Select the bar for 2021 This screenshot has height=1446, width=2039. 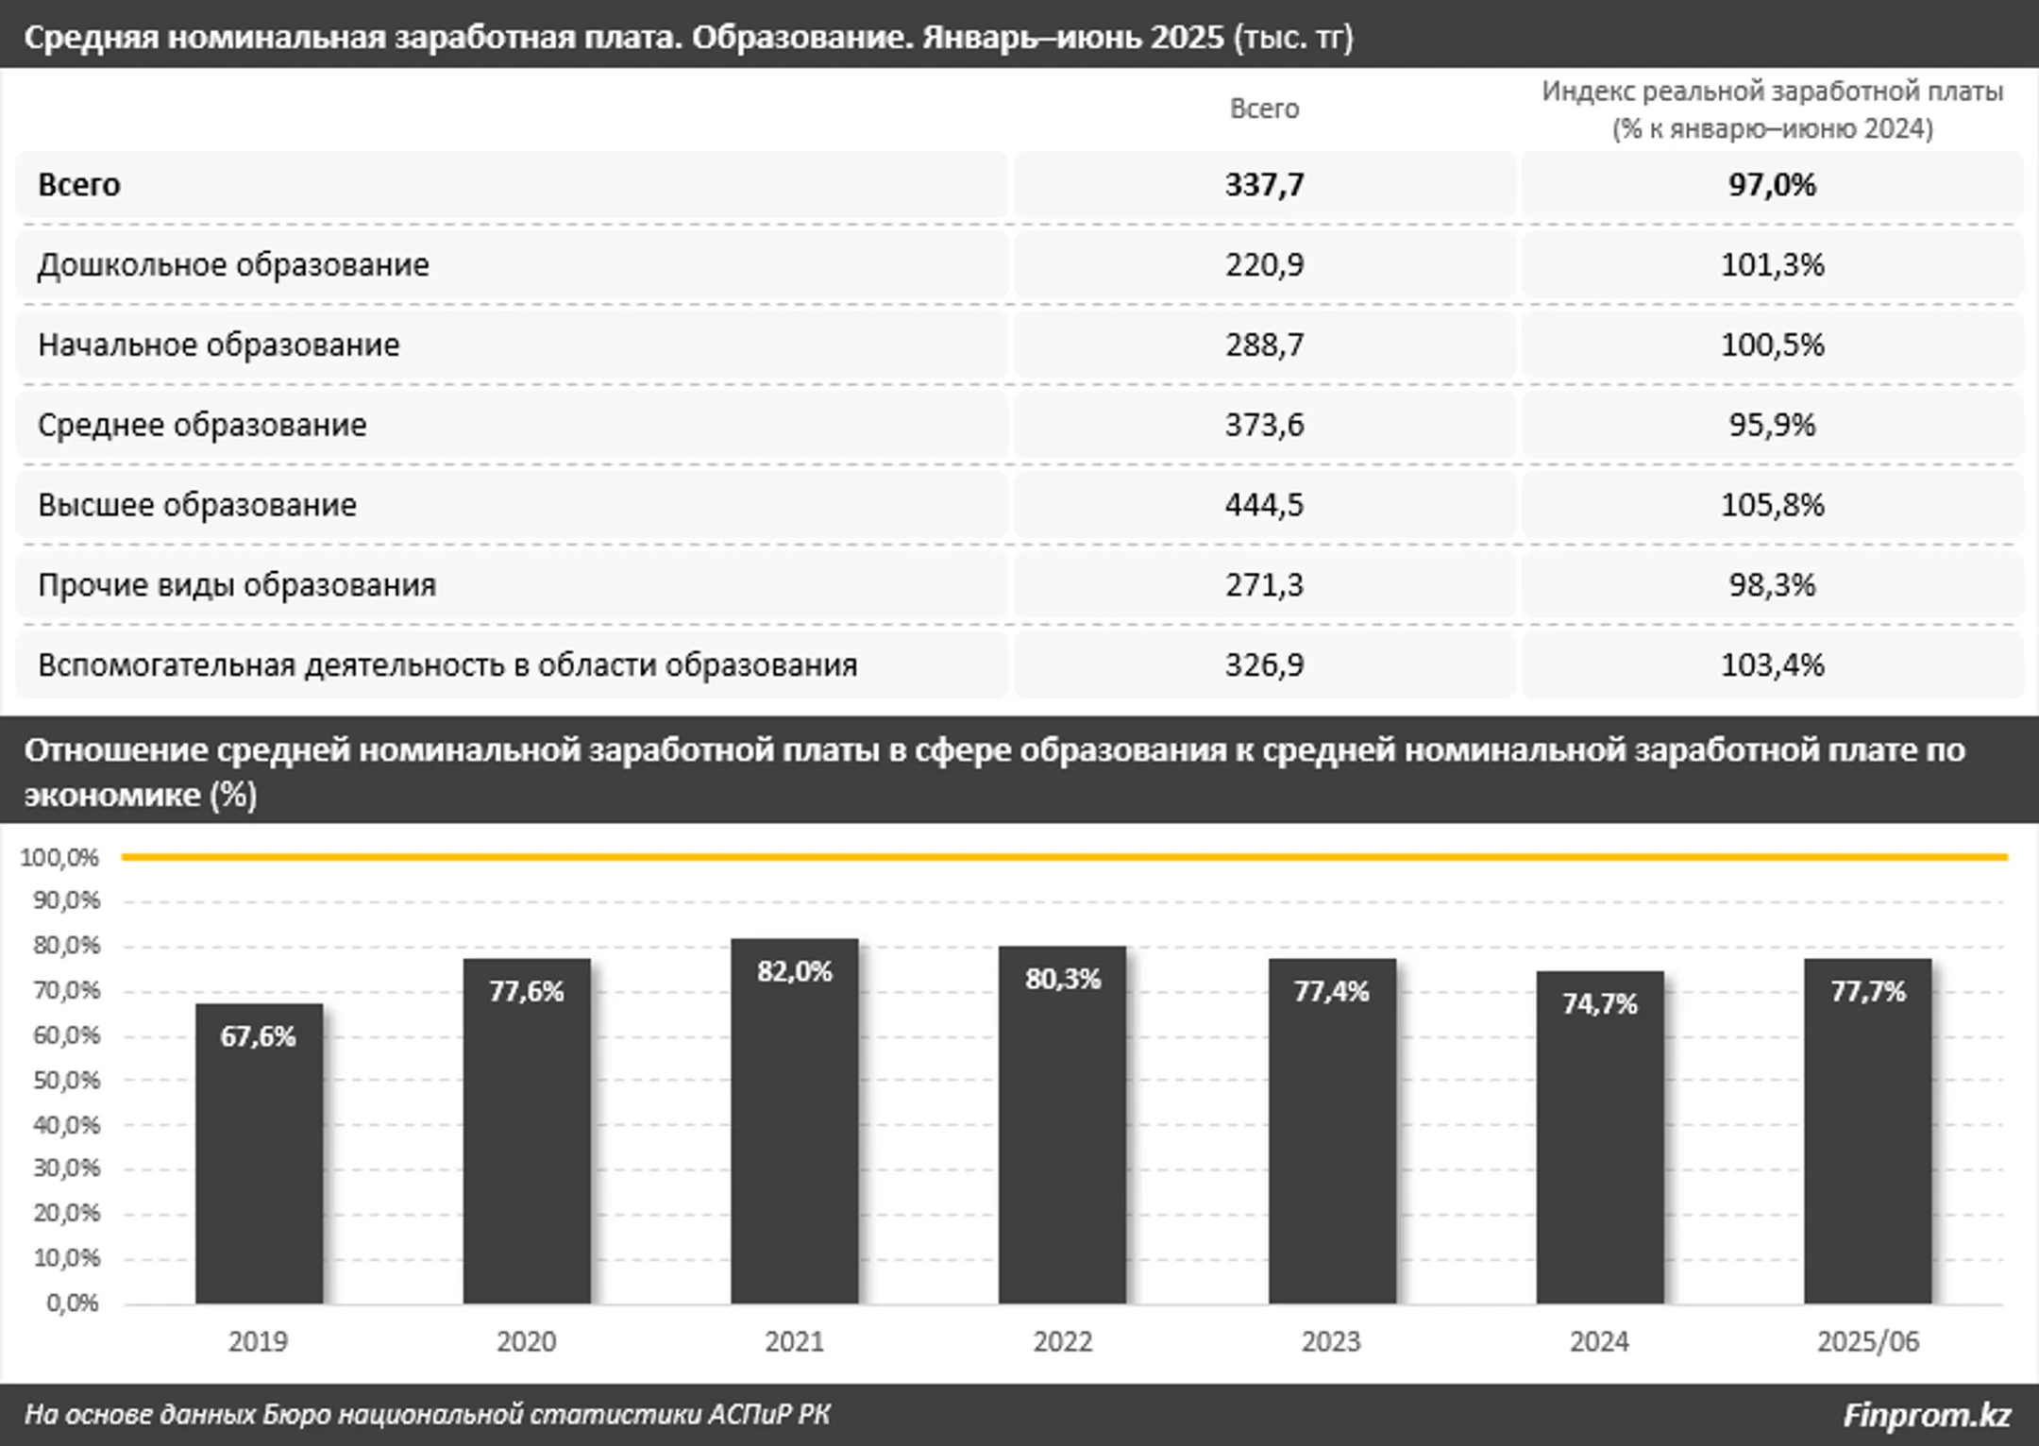click(794, 1133)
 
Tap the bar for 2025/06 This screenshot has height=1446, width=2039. click(1867, 1142)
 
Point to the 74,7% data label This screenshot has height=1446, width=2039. click(1599, 1003)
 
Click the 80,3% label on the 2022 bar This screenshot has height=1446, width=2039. click(1063, 979)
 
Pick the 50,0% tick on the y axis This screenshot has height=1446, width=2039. click(66, 1080)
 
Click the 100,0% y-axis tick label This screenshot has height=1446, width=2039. click(59, 857)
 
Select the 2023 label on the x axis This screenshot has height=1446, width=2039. click(1331, 1341)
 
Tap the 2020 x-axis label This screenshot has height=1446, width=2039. click(526, 1341)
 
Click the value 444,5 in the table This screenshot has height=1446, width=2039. click(1264, 505)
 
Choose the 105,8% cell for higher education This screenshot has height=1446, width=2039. click(1772, 505)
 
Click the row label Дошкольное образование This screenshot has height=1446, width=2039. click(233, 264)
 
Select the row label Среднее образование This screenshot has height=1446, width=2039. click(202, 425)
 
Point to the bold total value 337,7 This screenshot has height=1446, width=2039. click(1264, 184)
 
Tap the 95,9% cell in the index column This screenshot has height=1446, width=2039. click(1772, 425)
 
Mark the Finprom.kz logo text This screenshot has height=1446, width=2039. click(1927, 1415)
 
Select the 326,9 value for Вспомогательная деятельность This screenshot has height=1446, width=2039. click(1264, 665)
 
